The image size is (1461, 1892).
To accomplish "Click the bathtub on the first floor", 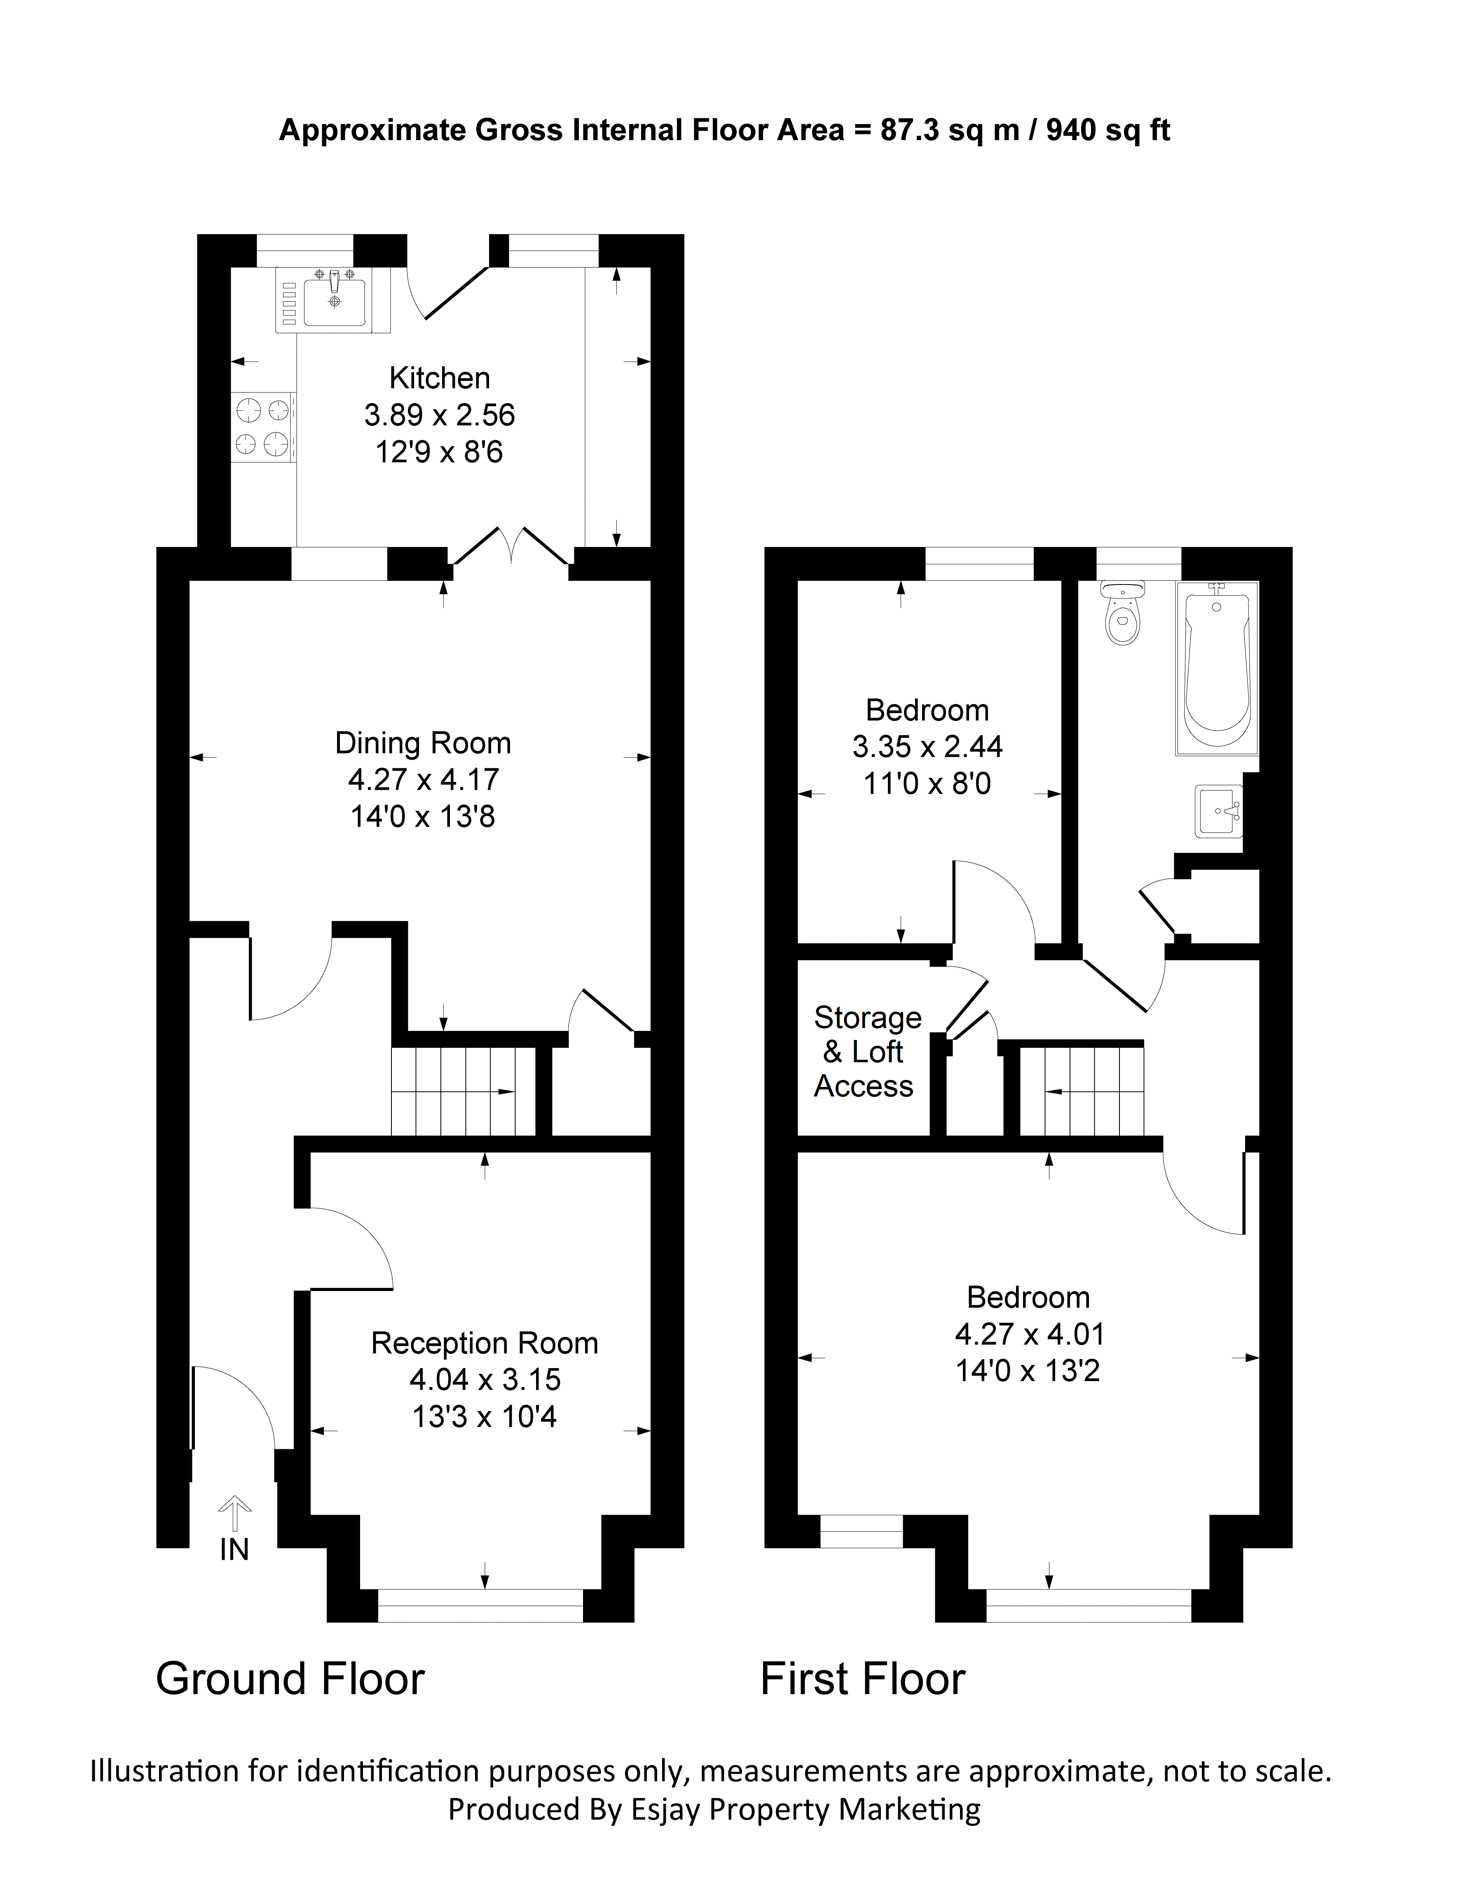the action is point(1217,668).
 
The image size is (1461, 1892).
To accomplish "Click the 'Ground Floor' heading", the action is point(290,1678).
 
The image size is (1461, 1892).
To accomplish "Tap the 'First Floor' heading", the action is point(863,1678).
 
